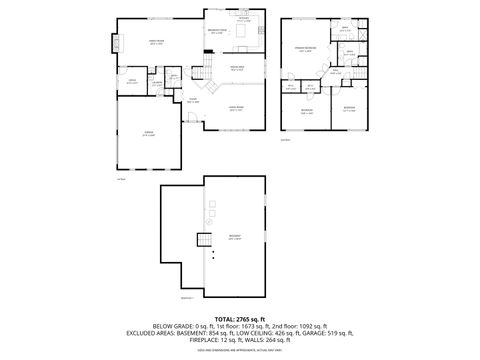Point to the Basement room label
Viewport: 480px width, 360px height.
[x=234, y=238]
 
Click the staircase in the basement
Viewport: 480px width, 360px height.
[x=205, y=240]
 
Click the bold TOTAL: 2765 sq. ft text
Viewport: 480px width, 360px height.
[x=239, y=318]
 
